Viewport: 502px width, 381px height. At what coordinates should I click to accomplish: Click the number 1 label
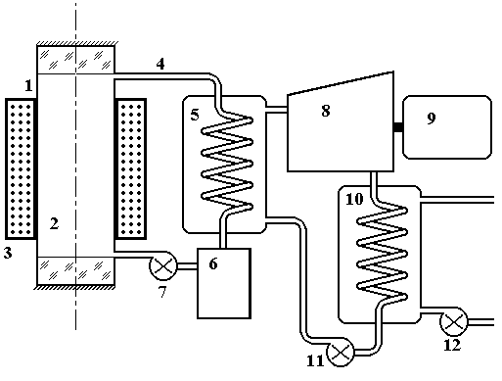click(x=28, y=85)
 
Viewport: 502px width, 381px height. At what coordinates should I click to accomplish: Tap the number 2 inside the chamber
click(x=54, y=223)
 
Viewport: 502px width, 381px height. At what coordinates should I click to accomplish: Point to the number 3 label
click(x=8, y=253)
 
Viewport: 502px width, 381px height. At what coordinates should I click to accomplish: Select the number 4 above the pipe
click(x=160, y=64)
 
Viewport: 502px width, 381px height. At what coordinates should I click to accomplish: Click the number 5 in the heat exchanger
click(x=195, y=115)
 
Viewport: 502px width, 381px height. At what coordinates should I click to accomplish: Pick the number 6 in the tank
click(x=213, y=263)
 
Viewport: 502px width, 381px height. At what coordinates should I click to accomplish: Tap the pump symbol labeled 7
click(x=162, y=266)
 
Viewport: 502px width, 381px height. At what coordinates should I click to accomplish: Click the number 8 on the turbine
click(x=326, y=111)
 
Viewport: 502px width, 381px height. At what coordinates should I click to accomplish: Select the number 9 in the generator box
click(x=432, y=119)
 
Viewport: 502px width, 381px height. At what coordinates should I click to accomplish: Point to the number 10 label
click(x=354, y=199)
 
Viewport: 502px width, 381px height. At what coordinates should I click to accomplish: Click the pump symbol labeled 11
click(x=341, y=353)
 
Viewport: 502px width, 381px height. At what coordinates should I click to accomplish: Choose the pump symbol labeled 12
click(x=454, y=322)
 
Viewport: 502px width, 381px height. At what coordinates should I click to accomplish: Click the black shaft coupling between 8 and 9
click(x=398, y=127)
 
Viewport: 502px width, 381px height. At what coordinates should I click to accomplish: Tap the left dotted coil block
click(x=21, y=168)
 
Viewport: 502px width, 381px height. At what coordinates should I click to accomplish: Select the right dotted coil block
click(x=130, y=168)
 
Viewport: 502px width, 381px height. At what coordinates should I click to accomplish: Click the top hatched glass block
click(x=75, y=60)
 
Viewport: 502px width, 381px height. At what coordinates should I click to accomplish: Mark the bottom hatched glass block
click(x=75, y=270)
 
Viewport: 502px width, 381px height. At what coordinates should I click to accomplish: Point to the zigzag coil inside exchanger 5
click(x=227, y=164)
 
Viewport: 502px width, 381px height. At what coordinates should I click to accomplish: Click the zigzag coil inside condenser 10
click(x=382, y=254)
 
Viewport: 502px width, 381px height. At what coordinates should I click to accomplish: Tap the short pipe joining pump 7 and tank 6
click(x=187, y=266)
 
